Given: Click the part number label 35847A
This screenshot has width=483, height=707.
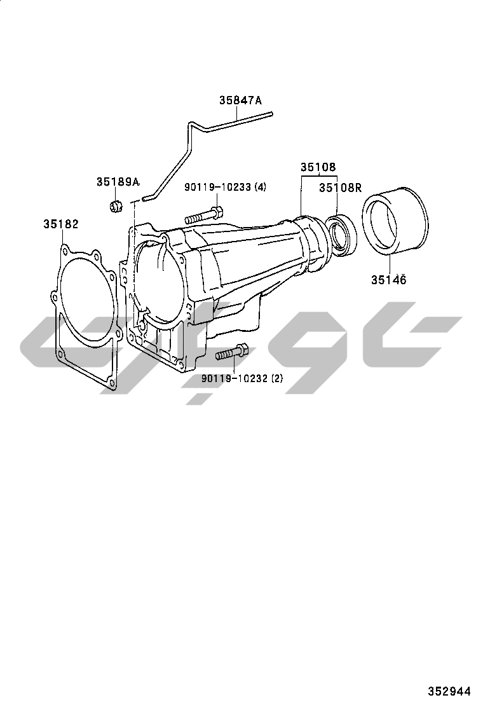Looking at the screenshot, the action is click(240, 100).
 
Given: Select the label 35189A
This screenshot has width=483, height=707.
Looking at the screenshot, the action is click(118, 182).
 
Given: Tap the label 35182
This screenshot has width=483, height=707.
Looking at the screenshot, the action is click(61, 224).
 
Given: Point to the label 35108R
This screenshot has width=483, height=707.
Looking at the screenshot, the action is click(340, 188).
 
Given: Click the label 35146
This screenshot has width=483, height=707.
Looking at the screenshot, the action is click(389, 280).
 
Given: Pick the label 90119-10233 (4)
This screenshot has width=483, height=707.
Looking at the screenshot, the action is click(225, 187).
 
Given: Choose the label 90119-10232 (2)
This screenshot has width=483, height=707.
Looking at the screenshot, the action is click(242, 378).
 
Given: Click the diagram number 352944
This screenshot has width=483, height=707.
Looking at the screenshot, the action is click(449, 691).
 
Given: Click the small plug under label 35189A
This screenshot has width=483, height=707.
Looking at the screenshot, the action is click(116, 205).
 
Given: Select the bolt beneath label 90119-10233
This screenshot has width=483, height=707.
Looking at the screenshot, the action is click(203, 215).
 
